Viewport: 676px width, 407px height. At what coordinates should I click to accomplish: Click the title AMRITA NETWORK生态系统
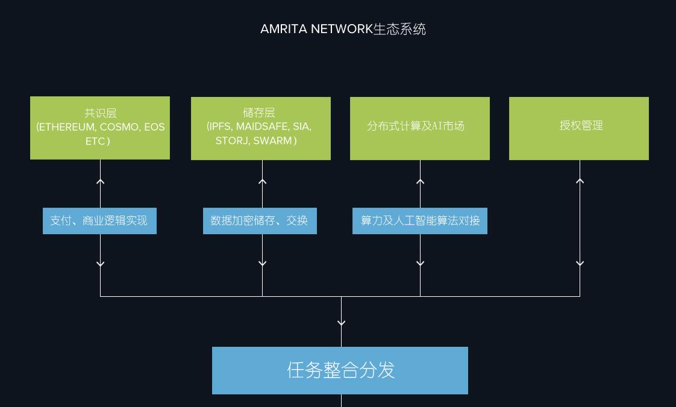click(x=343, y=29)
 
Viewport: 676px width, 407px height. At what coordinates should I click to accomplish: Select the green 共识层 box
click(x=100, y=128)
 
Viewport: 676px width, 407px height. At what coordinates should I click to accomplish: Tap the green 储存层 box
click(x=260, y=128)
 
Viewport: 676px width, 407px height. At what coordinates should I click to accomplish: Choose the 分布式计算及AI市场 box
click(x=419, y=128)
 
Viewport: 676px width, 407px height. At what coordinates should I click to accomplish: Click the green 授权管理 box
click(x=578, y=128)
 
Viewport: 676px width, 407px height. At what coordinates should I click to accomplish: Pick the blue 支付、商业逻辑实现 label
click(x=99, y=221)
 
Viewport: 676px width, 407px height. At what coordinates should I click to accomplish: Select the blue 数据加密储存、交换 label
click(x=260, y=221)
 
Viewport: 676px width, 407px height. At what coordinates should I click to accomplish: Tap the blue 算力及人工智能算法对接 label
click(x=419, y=221)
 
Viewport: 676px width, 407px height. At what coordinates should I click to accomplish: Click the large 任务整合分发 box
click(x=340, y=370)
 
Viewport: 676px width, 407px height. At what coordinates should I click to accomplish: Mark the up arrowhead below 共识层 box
click(x=101, y=181)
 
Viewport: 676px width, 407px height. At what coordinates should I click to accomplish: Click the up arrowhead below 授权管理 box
click(x=580, y=181)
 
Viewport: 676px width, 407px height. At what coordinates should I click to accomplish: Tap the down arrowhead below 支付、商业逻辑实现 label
click(x=101, y=263)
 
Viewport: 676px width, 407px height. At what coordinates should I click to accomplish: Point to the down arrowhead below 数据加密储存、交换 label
click(x=262, y=263)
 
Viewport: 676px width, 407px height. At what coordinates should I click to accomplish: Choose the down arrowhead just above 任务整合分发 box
click(x=341, y=323)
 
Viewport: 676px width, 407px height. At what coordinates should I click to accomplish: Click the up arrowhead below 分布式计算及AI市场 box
click(x=420, y=181)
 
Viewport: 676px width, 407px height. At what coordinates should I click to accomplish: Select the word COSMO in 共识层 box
click(x=119, y=127)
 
